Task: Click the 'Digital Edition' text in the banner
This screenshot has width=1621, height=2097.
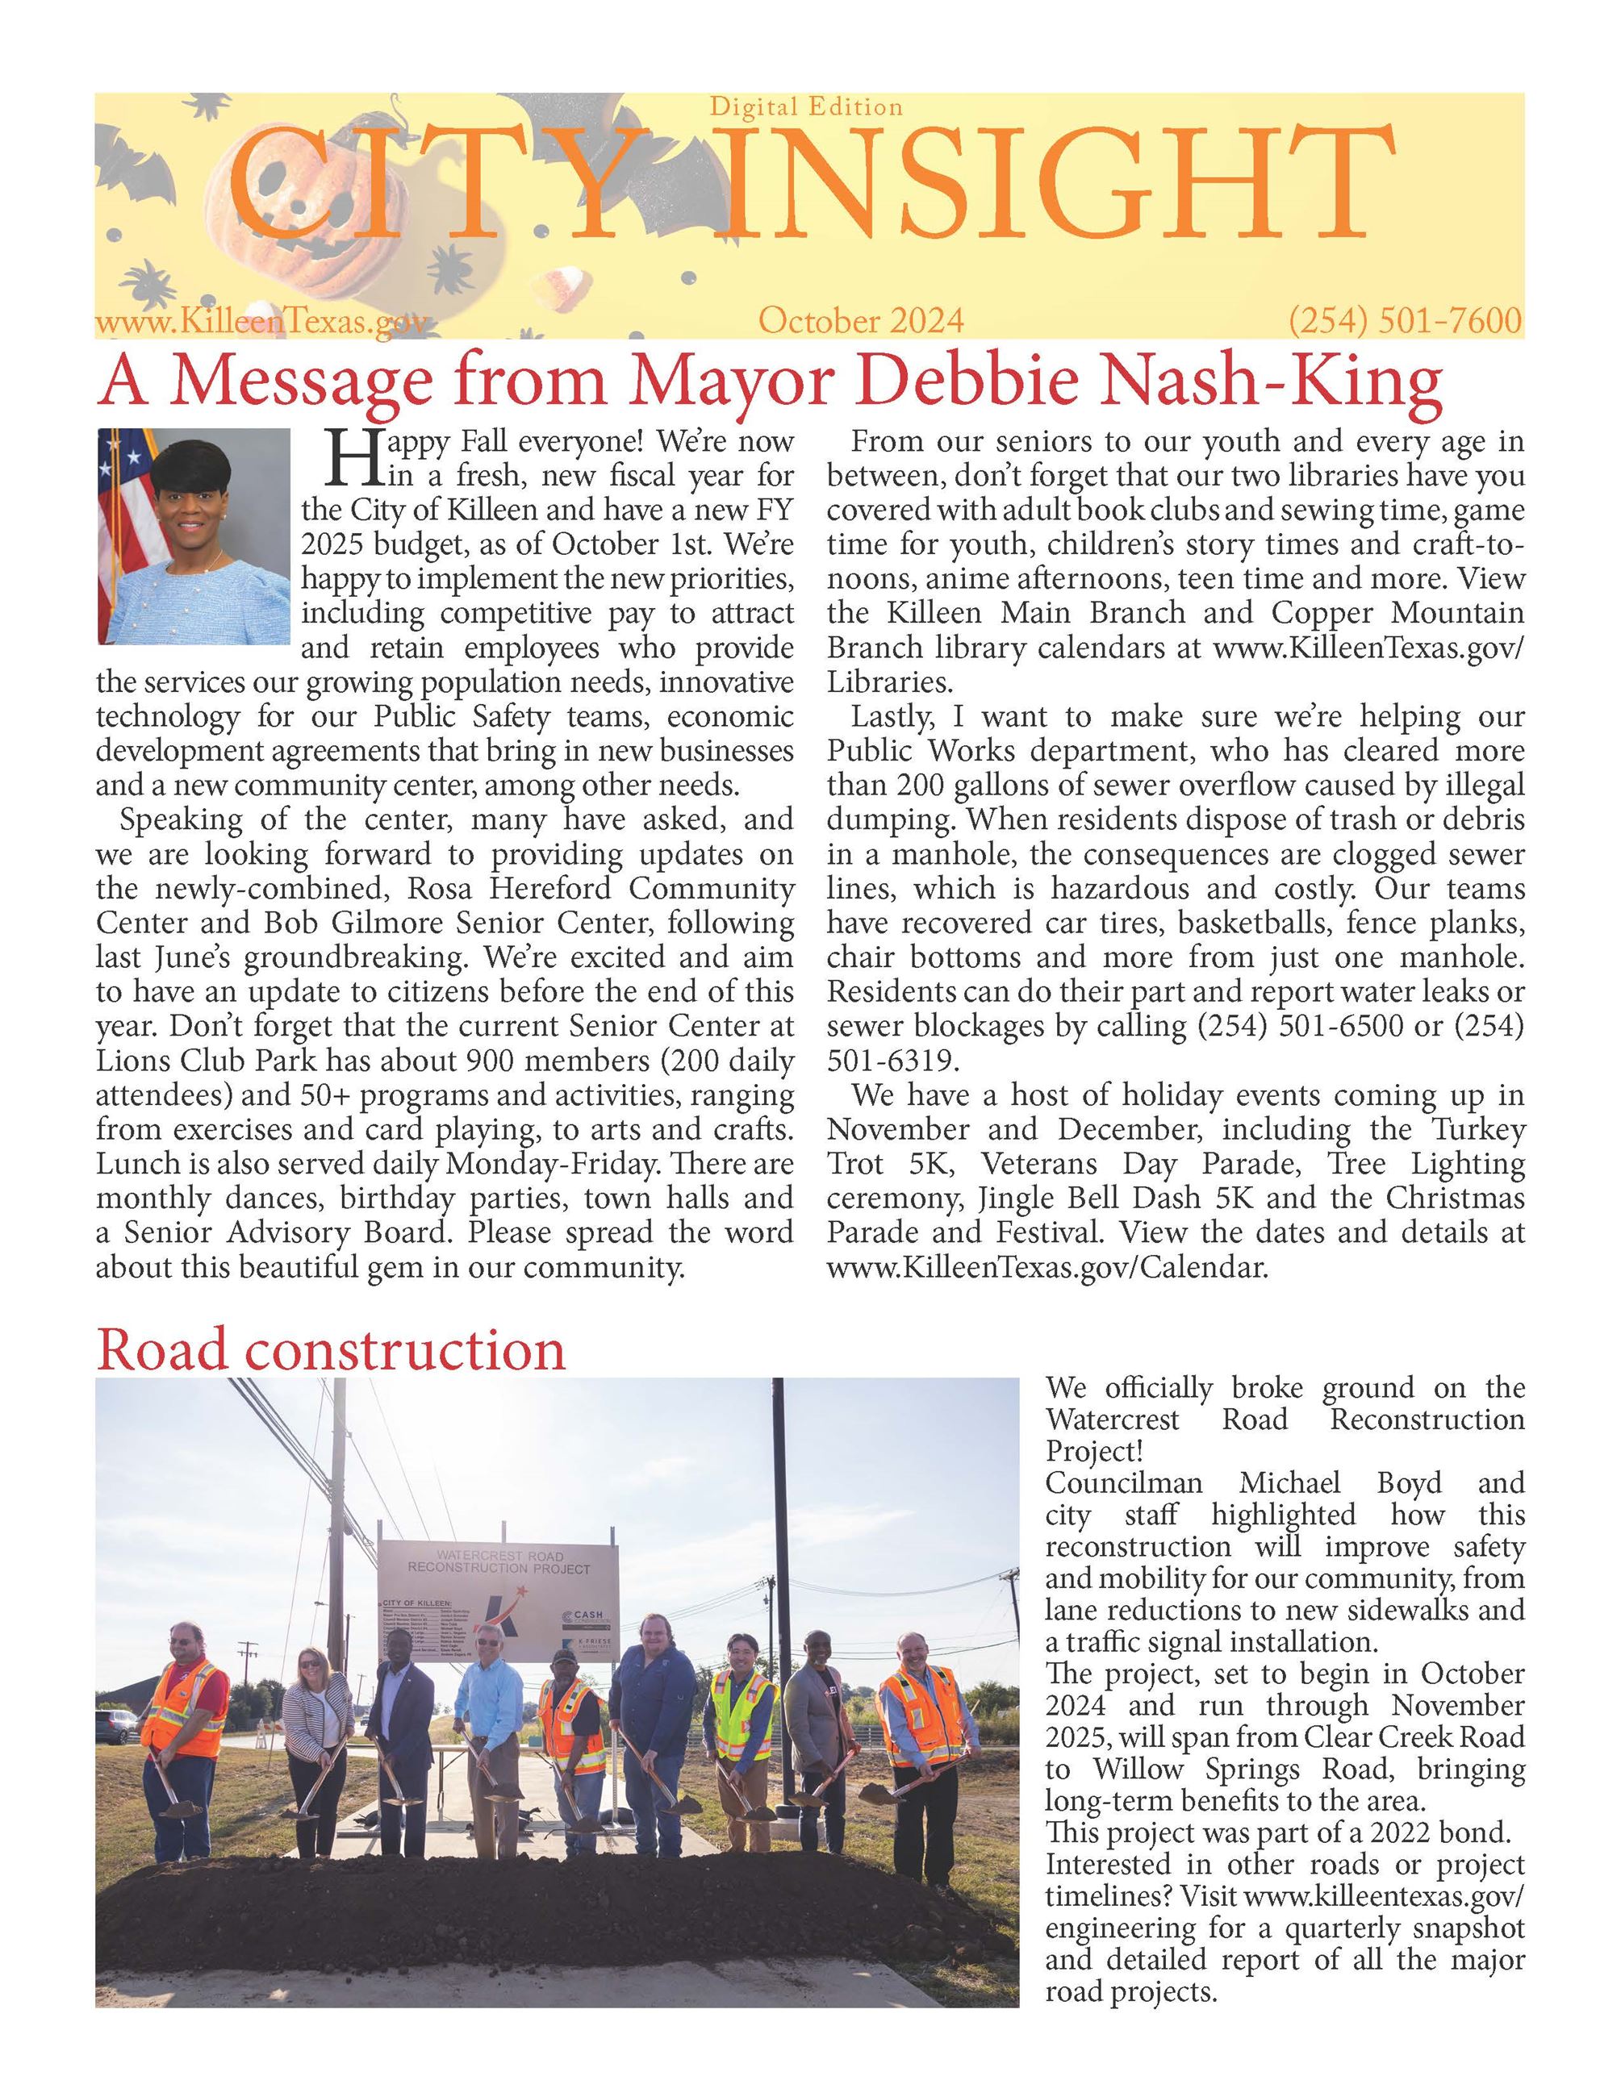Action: pyautogui.click(x=806, y=106)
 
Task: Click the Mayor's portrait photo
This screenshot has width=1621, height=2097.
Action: pyautogui.click(x=193, y=535)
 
